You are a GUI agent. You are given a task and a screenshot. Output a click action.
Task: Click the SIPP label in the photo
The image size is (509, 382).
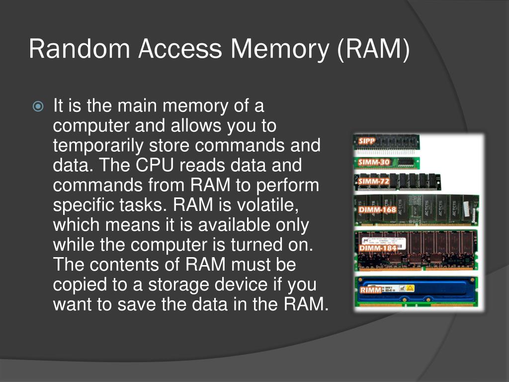click(367, 141)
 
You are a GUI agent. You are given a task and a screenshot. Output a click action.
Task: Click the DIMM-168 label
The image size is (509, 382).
click(377, 209)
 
